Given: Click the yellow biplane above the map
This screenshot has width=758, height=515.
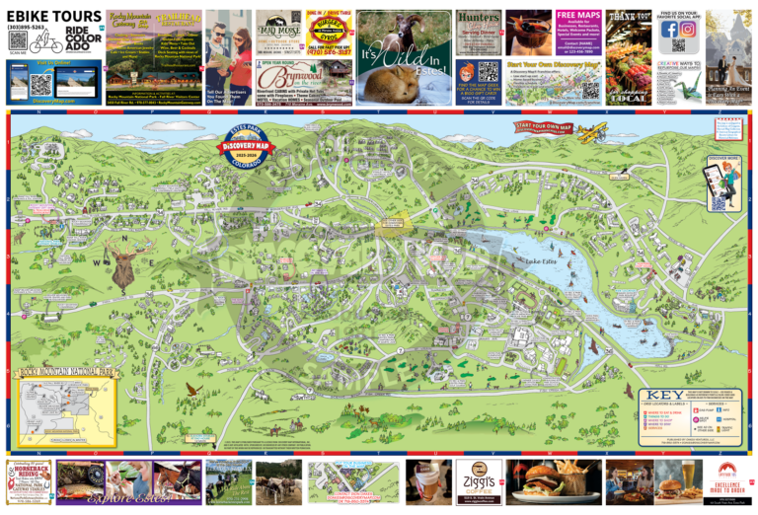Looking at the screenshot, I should (591, 132).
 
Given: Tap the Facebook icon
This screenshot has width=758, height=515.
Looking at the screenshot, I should (670, 29).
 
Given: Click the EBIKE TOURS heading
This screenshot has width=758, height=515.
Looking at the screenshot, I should (54, 17).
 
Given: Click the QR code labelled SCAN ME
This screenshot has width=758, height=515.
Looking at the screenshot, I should (18, 40).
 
